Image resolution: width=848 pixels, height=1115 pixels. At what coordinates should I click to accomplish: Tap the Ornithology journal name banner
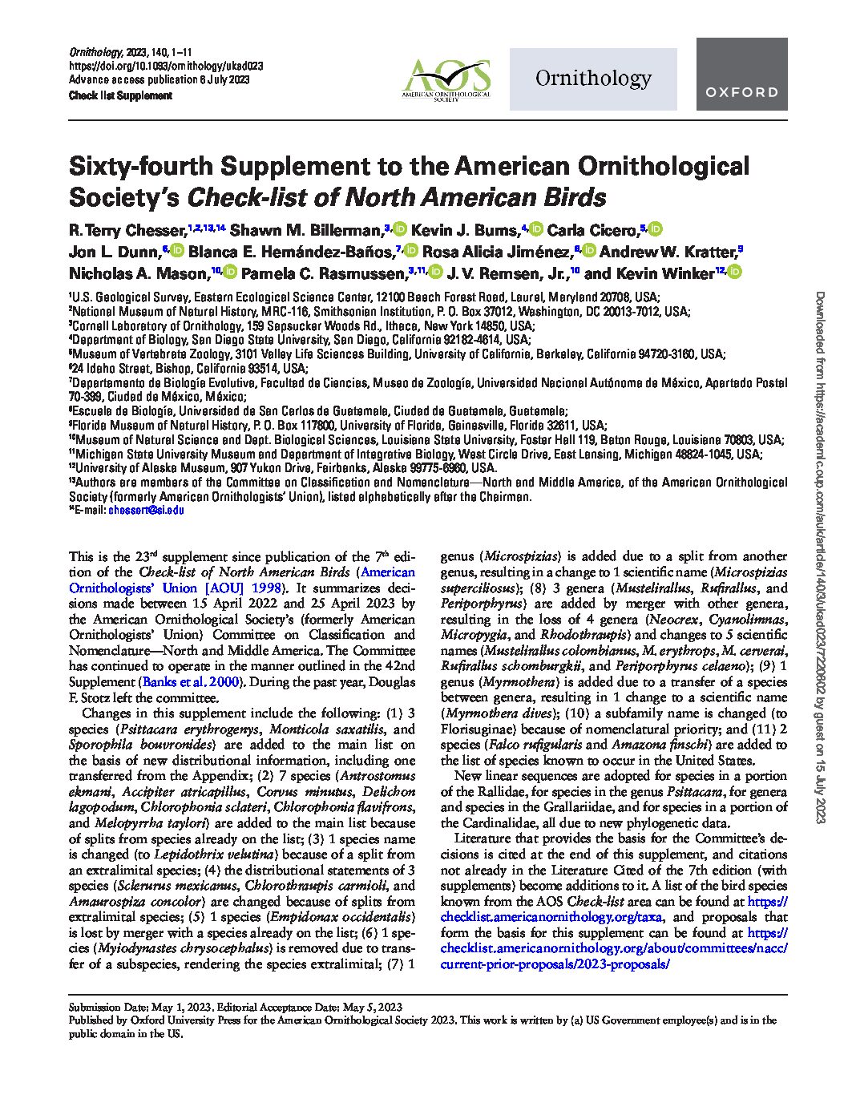pos(592,79)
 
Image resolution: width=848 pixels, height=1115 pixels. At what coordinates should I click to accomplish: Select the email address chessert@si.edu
pos(147,509)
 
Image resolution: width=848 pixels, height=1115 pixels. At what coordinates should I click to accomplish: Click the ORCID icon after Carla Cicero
pos(656,231)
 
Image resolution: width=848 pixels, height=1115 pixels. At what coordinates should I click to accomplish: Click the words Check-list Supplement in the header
pos(120,95)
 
